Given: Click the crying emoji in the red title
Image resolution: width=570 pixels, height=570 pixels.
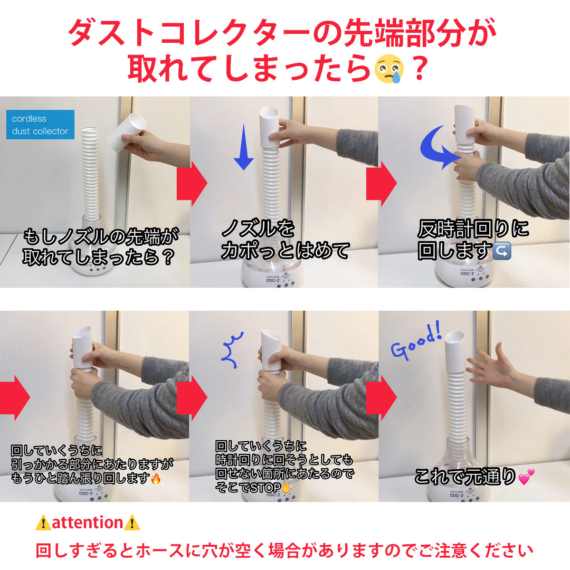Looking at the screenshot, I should click(x=389, y=69).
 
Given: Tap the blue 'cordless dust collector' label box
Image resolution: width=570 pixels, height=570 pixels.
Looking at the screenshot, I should click(x=40, y=125).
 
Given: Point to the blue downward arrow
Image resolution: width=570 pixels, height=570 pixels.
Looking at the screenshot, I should click(x=244, y=147).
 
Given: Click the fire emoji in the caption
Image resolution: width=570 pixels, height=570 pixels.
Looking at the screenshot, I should click(x=156, y=478).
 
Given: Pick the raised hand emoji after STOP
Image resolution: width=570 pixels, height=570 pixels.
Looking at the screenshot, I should click(x=286, y=487).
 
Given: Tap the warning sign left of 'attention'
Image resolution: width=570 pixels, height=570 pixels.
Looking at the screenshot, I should click(x=43, y=523).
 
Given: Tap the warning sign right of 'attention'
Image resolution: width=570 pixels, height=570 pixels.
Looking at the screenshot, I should click(x=132, y=523).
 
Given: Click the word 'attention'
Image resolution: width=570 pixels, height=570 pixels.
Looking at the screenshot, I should click(x=87, y=522).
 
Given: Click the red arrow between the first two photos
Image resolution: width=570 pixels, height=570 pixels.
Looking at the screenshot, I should click(x=192, y=183).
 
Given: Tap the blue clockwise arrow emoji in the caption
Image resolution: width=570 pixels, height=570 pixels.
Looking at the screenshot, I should click(x=502, y=250).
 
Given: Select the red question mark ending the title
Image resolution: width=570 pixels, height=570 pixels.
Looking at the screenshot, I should click(x=419, y=69).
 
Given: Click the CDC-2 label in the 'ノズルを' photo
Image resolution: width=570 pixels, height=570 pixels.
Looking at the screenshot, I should click(x=273, y=281).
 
